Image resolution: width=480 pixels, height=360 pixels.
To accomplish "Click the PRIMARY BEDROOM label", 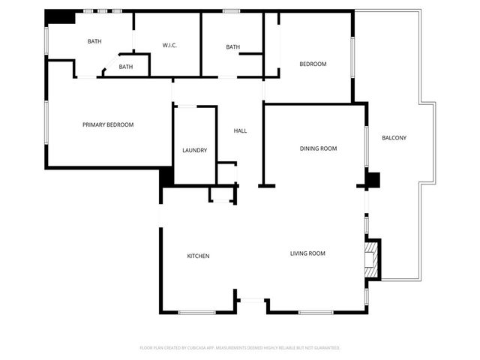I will point(108,124).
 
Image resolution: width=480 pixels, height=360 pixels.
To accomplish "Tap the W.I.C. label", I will point(169,46).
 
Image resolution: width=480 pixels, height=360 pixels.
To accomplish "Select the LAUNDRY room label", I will point(194,151).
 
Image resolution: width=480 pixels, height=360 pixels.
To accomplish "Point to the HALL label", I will point(240,130).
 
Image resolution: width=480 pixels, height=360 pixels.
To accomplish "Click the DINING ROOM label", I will point(318,148).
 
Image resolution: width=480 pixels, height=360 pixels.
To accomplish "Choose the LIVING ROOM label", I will point(307,253).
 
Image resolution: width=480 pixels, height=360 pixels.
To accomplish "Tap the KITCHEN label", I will point(198,256).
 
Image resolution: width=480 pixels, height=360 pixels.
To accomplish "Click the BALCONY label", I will point(394,137).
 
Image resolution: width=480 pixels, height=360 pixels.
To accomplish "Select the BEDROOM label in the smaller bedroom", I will point(313,64).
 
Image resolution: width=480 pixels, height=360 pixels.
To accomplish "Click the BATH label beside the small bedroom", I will point(232,47).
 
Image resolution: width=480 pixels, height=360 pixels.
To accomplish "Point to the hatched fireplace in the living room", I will point(370,259).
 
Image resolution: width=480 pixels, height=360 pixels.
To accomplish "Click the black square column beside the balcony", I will point(373,180).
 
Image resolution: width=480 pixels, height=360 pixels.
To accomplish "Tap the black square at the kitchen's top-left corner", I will point(166,178).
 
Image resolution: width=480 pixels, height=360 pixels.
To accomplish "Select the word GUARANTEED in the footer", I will point(325,348).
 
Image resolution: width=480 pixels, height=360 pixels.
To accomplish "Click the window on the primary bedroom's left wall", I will point(46,123).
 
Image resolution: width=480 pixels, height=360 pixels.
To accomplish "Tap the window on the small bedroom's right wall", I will point(352,56).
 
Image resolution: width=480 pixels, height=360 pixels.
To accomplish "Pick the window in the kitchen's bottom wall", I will point(197,312).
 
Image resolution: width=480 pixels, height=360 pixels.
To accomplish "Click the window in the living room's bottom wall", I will point(316,312).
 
